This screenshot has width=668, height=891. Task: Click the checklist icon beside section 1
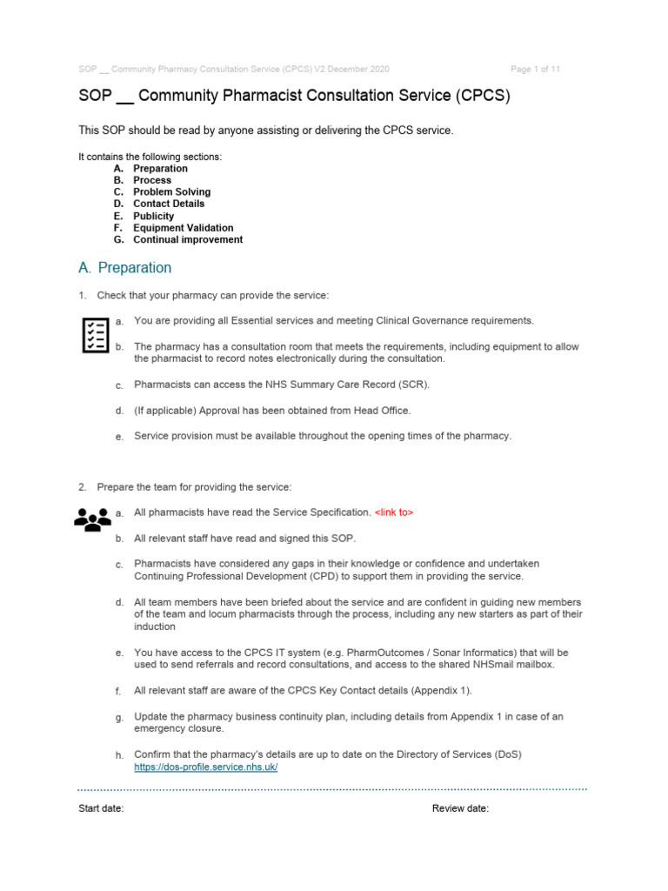(x=93, y=335)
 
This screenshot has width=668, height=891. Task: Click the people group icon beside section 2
(x=92, y=519)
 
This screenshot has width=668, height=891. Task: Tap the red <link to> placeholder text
(x=394, y=512)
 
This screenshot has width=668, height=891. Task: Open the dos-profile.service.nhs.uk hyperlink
(x=206, y=767)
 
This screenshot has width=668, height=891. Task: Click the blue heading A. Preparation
(x=125, y=268)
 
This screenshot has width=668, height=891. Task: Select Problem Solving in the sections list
(x=171, y=191)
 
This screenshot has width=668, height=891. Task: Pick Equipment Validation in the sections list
(x=183, y=228)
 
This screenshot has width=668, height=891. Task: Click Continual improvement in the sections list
(x=188, y=239)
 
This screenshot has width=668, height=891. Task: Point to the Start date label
(x=101, y=808)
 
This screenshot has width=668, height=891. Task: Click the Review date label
(x=460, y=808)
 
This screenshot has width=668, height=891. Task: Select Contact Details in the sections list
(x=169, y=204)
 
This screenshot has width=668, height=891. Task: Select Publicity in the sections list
(x=153, y=216)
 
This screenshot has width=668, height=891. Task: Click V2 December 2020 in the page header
(x=351, y=69)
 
